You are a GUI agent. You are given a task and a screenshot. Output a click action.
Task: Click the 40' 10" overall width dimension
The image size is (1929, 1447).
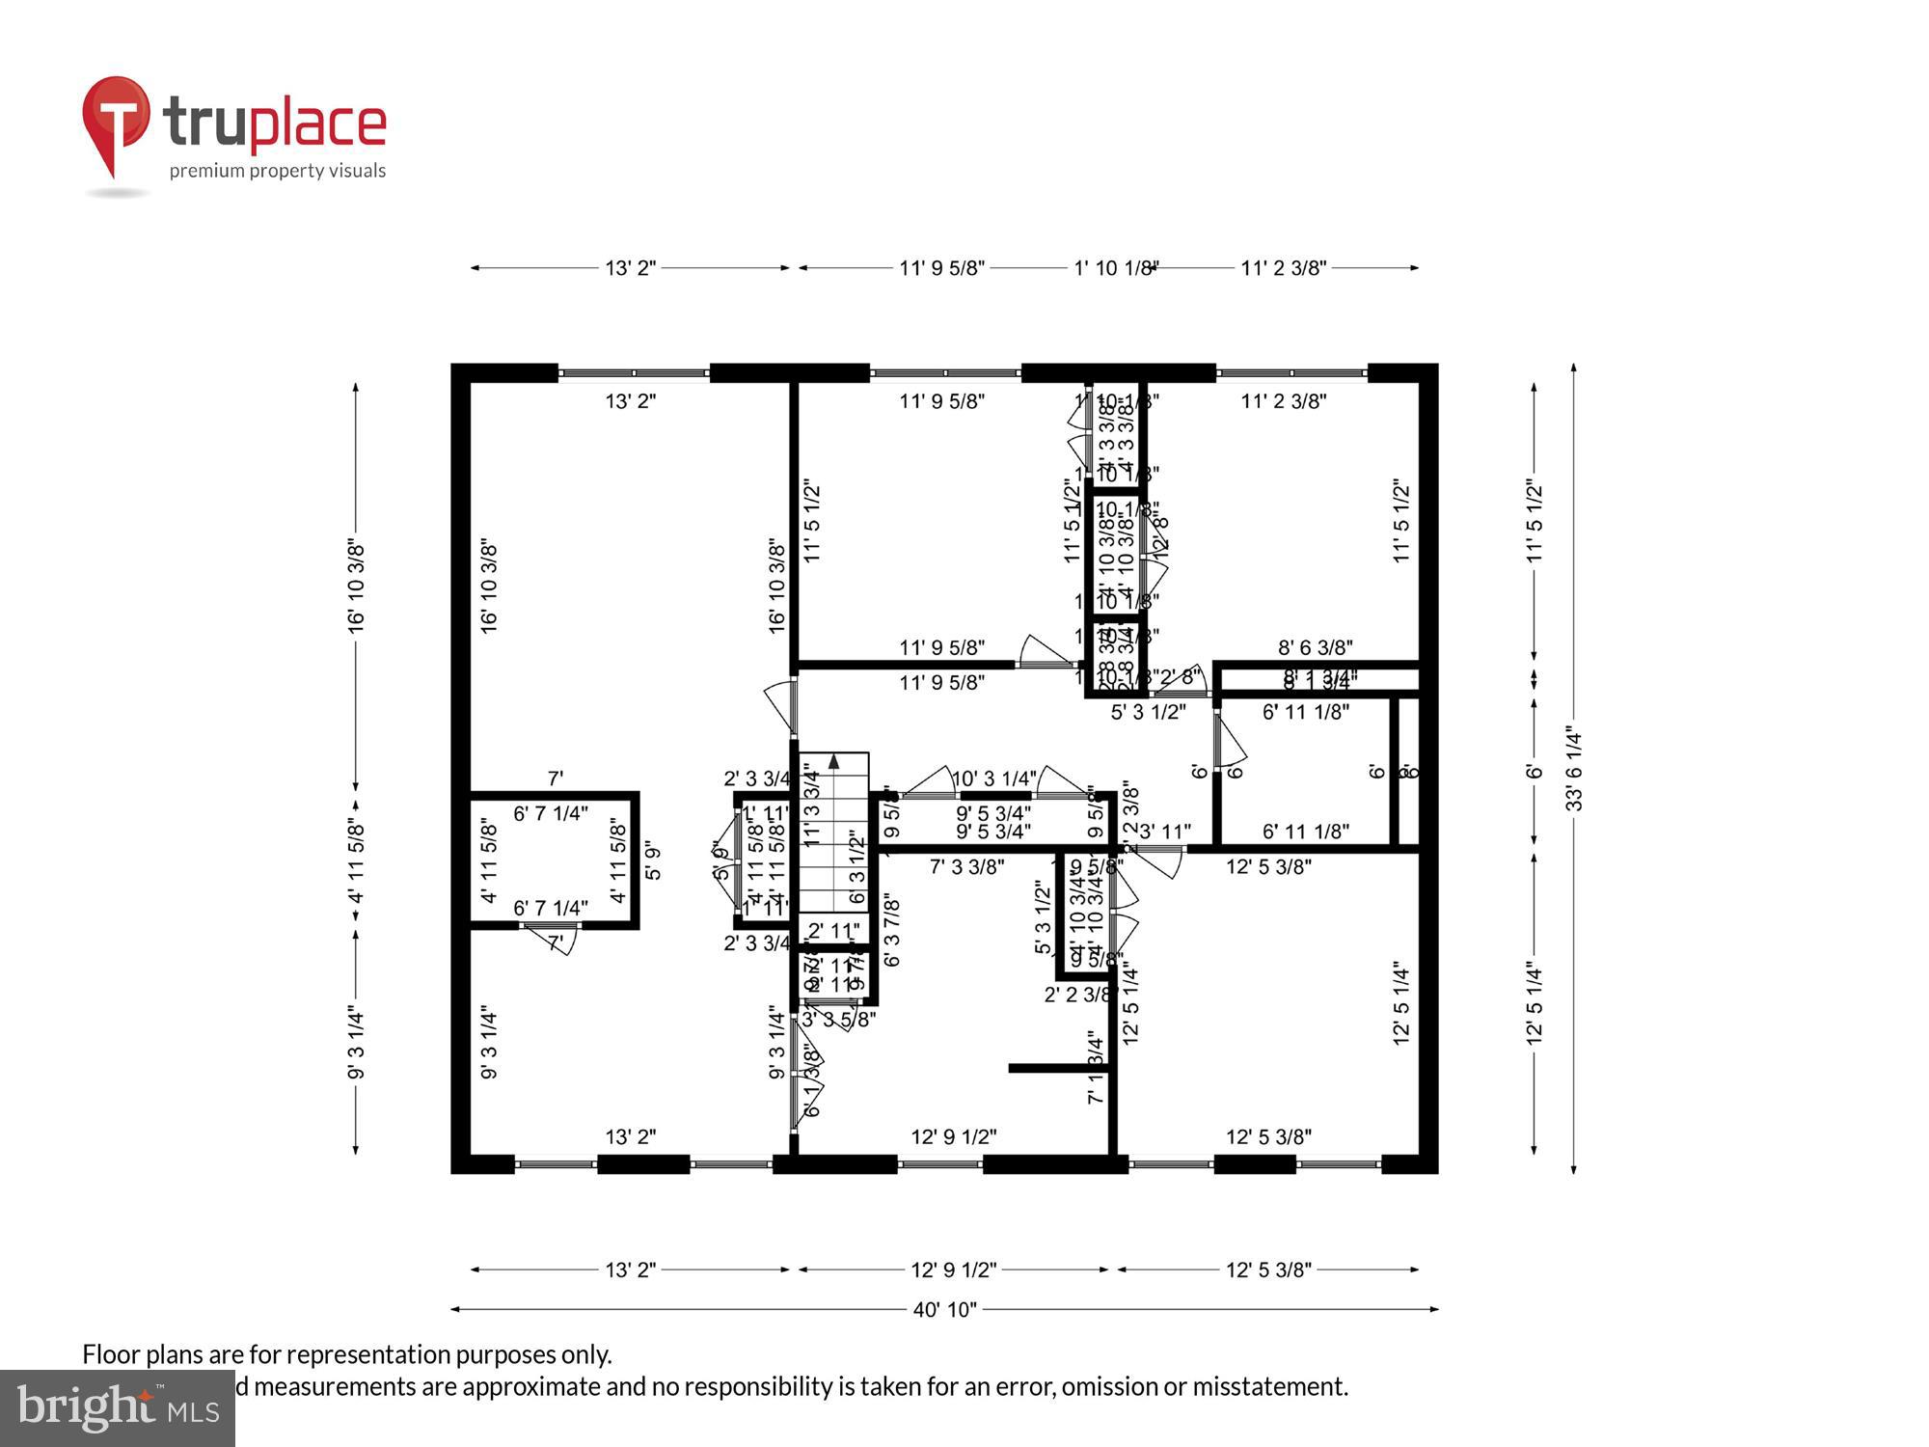pyautogui.click(x=944, y=1309)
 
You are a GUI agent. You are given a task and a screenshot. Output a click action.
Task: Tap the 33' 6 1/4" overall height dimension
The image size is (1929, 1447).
pyautogui.click(x=1573, y=768)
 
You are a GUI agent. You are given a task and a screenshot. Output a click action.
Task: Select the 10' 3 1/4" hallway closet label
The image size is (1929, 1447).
pyautogui.click(x=994, y=778)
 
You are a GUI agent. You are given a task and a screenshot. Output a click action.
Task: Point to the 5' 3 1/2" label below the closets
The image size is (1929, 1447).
pyautogui.click(x=1148, y=713)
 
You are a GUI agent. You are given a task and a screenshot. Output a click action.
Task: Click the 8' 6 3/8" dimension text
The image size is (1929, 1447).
pyautogui.click(x=1316, y=647)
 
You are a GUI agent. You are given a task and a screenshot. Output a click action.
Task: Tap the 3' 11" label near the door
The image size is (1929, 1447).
pyautogui.click(x=1164, y=832)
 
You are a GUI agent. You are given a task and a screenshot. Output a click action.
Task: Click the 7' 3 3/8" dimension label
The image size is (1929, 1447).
pyautogui.click(x=966, y=866)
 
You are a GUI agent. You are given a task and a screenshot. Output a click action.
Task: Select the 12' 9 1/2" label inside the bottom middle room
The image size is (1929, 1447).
pyautogui.click(x=953, y=1137)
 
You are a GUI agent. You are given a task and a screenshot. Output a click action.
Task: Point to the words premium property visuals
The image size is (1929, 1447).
pyautogui.click(x=278, y=171)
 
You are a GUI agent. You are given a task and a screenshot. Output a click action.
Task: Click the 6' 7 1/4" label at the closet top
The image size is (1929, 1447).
pyautogui.click(x=550, y=813)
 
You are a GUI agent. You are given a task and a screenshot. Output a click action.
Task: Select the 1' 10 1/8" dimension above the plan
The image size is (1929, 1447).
pyautogui.click(x=1115, y=268)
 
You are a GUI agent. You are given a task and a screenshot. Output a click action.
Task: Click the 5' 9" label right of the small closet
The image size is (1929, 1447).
pyautogui.click(x=653, y=861)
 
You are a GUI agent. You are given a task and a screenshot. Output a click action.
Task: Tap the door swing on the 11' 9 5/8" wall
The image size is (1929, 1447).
pyautogui.click(x=1045, y=652)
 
